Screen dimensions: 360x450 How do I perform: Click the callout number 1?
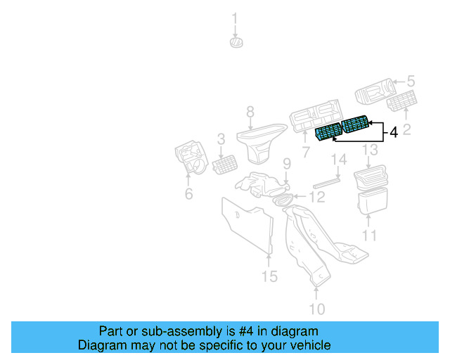click(236, 18)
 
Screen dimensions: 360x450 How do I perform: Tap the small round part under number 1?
click(236, 43)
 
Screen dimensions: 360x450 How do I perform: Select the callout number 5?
click(412, 82)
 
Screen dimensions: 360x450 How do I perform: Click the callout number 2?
click(406, 128)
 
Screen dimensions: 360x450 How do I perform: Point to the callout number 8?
click(250, 111)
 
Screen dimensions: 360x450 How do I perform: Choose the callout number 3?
click(221, 139)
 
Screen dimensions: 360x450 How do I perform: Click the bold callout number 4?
click(393, 132)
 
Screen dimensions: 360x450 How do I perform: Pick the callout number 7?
click(306, 152)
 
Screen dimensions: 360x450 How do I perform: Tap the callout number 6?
click(188, 193)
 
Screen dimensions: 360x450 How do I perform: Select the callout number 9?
click(287, 164)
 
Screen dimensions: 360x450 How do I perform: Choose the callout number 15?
click(270, 276)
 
